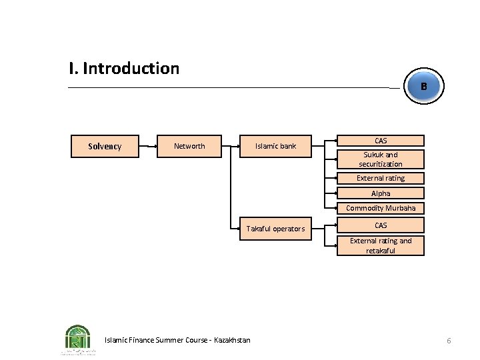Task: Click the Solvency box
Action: point(105,146)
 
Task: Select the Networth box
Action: point(189,146)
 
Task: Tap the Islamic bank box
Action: point(275,146)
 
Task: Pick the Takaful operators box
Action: point(275,229)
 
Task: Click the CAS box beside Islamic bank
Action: point(380,141)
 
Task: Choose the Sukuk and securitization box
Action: point(380,159)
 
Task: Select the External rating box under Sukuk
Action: point(380,178)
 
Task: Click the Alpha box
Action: point(380,193)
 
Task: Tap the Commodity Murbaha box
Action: point(380,208)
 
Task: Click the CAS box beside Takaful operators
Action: point(380,225)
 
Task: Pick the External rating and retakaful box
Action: point(380,245)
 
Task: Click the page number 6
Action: point(449,341)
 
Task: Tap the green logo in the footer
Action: point(78,338)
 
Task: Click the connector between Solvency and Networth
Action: point(147,146)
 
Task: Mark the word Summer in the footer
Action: point(172,340)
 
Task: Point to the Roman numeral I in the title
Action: point(71,68)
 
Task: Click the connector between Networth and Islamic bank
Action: point(230,146)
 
